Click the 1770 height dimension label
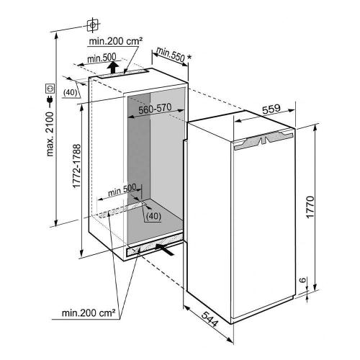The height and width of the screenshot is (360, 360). coord(310,207)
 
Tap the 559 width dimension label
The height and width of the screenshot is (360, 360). coord(271,109)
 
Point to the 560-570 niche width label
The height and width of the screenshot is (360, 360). coord(155,109)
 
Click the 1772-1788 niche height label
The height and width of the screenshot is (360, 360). coord(76,166)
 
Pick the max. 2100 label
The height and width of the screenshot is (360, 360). coord(50,134)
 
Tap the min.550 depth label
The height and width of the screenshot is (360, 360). coord(171,55)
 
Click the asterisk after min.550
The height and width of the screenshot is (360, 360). coord(189,58)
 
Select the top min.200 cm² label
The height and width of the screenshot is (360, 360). coord(116,41)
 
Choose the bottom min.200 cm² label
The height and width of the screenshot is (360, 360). coord(89,313)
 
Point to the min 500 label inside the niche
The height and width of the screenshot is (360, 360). coord(122,191)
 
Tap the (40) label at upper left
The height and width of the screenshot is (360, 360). coord(71,93)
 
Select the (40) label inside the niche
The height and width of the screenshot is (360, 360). coord(153,216)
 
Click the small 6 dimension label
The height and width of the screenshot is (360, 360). coord(303,280)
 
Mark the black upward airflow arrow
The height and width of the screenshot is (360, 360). coord(113,67)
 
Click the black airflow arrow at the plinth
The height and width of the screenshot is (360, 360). coord(165,250)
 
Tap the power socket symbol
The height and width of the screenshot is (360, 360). coord(50,89)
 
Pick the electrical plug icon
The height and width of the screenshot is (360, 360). coord(50,101)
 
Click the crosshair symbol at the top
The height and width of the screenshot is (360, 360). coord(92,24)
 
